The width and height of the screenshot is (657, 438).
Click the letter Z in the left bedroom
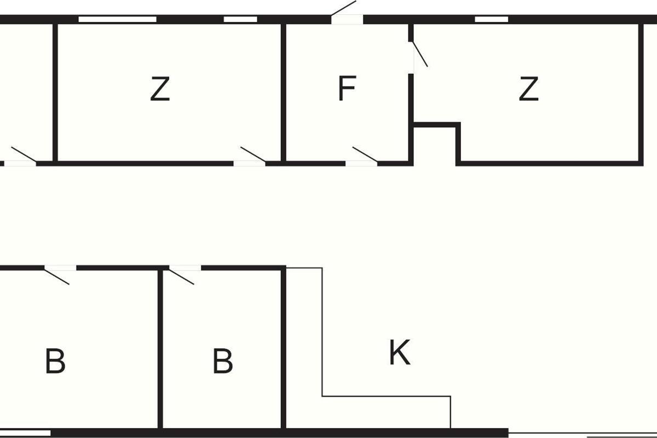[x=160, y=89]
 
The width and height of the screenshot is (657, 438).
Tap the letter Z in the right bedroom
[x=529, y=89]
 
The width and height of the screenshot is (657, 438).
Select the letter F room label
[x=347, y=89]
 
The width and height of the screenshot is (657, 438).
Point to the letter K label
[x=400, y=353]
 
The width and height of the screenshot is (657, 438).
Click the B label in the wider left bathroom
[x=55, y=362]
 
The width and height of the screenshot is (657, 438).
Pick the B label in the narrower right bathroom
[x=223, y=362]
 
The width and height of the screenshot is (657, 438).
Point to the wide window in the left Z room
[x=117, y=19]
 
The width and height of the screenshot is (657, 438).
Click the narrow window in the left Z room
[x=240, y=19]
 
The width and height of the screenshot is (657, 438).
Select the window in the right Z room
[x=491, y=19]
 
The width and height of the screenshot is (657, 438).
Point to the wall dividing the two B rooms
[x=160, y=350]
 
